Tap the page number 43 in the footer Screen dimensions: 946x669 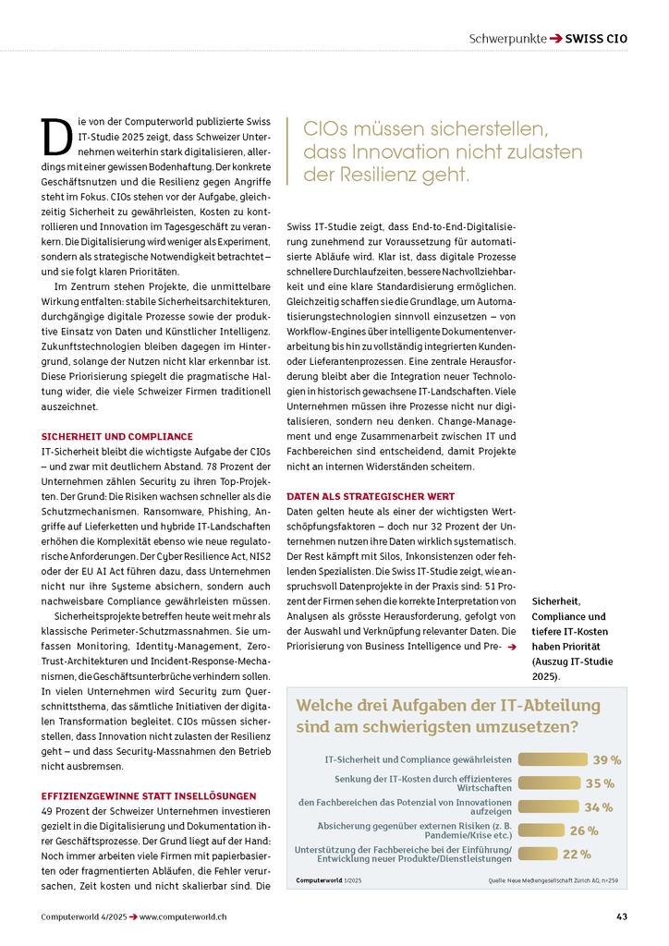[622, 916]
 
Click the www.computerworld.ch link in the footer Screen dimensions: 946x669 [184, 916]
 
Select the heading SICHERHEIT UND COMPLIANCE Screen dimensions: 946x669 [117, 436]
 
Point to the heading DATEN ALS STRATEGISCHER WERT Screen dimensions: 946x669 [371, 497]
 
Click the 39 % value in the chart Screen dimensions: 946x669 [606, 759]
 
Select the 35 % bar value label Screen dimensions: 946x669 [600, 783]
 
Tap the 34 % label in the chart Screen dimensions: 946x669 [598, 807]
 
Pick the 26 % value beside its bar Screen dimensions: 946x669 [584, 831]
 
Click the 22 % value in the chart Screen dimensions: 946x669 [577, 855]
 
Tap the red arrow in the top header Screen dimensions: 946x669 [555, 40]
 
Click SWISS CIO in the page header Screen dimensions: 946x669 [596, 40]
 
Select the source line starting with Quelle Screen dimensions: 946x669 [553, 880]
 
